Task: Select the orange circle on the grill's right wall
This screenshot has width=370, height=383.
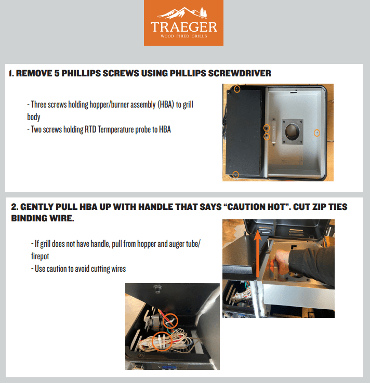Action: tap(317, 134)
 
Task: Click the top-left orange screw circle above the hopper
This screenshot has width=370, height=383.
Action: tap(236, 89)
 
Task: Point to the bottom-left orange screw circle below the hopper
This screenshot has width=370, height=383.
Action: tap(235, 175)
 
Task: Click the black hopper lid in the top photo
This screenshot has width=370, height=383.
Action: tap(245, 133)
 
